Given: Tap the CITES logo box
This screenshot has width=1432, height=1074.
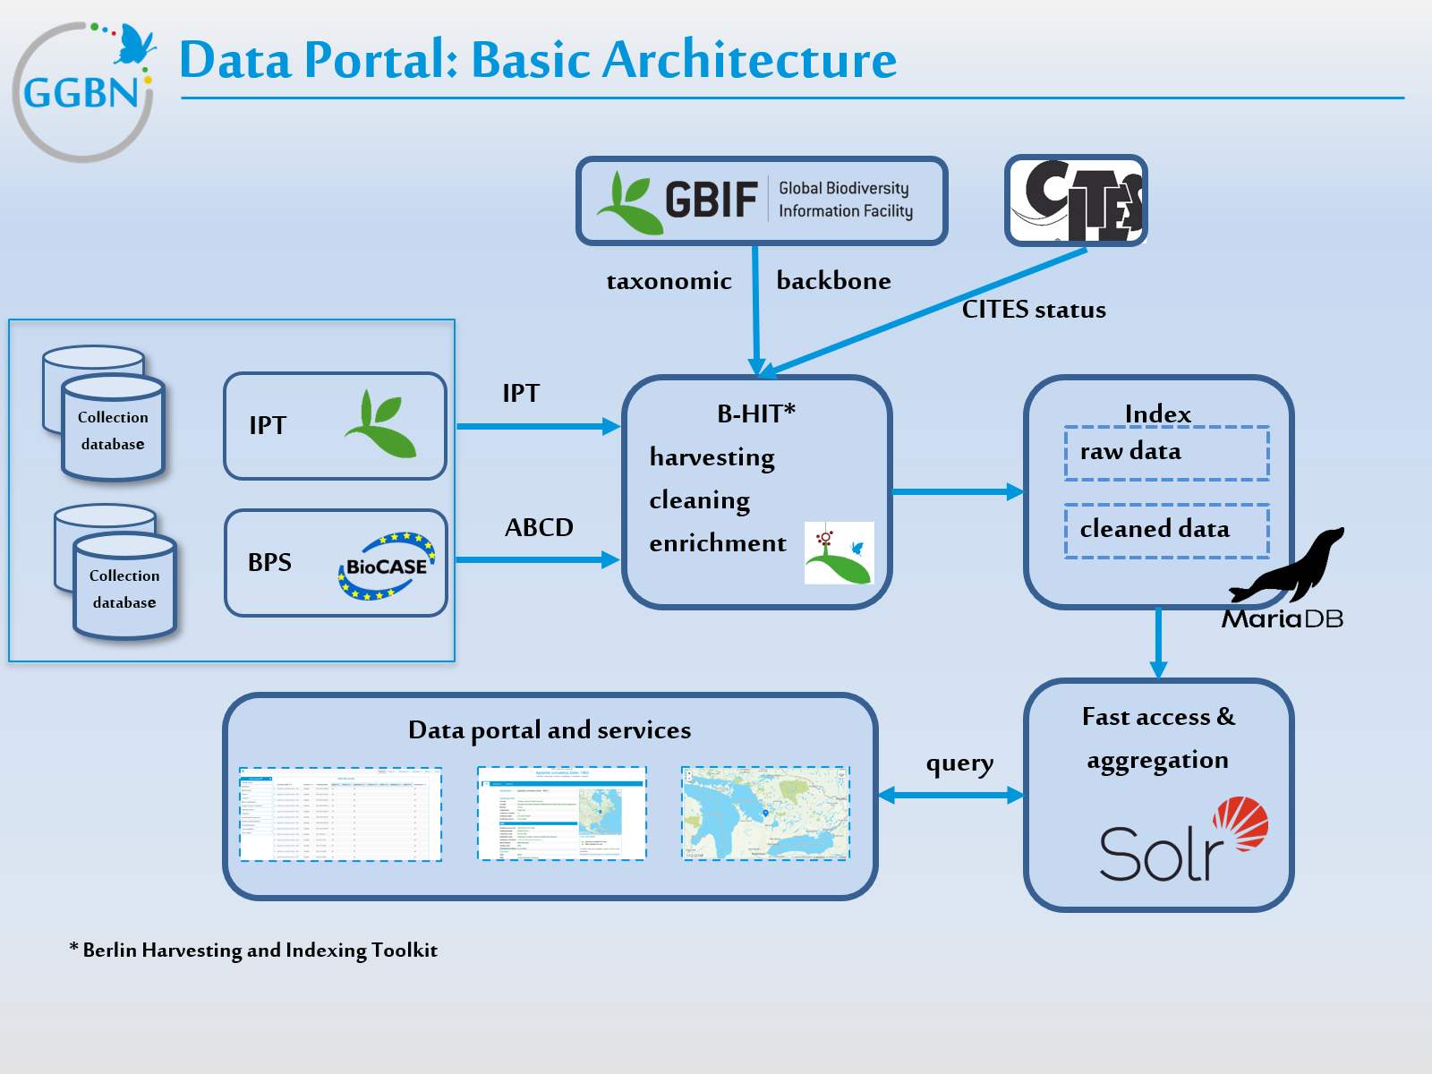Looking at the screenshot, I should click(1076, 200).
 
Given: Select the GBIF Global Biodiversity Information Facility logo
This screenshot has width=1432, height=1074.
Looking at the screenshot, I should click(761, 200).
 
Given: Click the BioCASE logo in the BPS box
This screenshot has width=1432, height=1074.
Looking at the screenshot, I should click(387, 566).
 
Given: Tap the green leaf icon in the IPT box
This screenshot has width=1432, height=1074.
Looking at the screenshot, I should click(381, 424).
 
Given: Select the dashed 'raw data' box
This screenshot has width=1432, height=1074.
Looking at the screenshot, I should click(1166, 453).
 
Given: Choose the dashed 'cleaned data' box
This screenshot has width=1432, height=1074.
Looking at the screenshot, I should click(1166, 531).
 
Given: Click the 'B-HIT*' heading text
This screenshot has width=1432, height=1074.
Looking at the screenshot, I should click(756, 413).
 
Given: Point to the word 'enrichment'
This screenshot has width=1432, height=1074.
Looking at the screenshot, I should click(718, 543).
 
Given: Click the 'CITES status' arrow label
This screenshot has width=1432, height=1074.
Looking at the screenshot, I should click(1034, 310).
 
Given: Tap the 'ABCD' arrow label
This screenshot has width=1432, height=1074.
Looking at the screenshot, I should click(539, 527).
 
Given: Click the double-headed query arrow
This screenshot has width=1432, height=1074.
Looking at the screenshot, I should click(950, 795).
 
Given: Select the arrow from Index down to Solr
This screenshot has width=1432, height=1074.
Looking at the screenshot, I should click(1158, 643).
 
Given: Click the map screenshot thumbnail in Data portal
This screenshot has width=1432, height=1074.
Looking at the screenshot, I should click(765, 814).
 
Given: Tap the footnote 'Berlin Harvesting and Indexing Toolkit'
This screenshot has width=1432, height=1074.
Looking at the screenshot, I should click(260, 950).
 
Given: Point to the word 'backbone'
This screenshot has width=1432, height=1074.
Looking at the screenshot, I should click(833, 281).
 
